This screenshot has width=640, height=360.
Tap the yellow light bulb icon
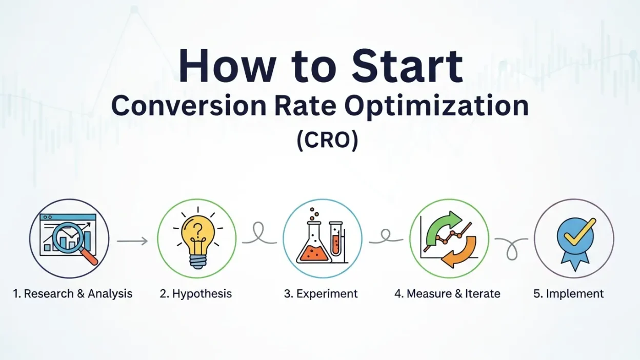tap(196, 238)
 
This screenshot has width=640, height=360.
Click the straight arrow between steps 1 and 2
tap(132, 241)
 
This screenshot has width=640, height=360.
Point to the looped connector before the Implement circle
tap(511, 246)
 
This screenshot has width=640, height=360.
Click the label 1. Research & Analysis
tap(73, 294)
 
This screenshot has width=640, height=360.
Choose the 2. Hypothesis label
tap(195, 294)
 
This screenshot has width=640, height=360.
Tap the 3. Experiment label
tap(321, 294)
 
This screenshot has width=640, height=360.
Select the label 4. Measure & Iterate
tap(447, 294)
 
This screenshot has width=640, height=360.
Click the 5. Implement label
tap(569, 294)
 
